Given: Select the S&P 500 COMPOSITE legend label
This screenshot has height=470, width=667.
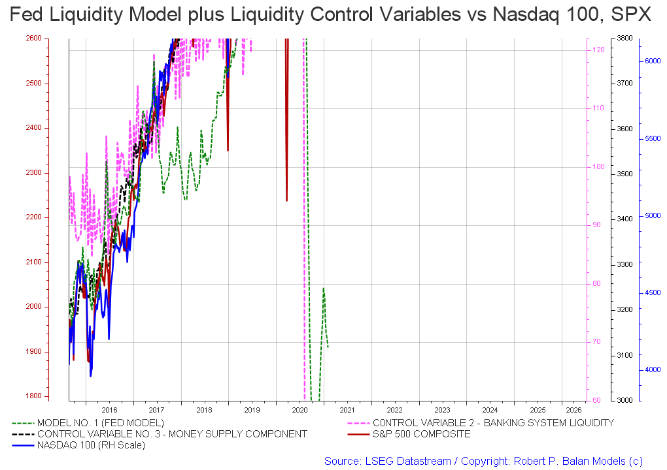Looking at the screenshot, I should point(421,434).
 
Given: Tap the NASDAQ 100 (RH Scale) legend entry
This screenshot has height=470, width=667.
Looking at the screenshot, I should point(91,445).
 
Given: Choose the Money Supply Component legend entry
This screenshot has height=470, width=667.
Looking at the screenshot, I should point(172,434).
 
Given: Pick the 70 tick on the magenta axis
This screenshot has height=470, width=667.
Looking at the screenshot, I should point(596,342).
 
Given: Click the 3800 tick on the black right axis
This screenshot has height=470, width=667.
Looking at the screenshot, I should point(624,39).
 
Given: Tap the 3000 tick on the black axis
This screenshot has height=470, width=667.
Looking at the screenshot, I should point(624,400).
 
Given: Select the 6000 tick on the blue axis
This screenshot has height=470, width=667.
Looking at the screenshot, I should point(652,61).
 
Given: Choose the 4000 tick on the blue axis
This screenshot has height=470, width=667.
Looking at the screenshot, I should point(652,370).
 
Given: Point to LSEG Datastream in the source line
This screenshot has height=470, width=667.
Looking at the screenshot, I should point(406,461).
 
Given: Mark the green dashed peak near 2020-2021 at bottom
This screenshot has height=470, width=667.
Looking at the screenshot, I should point(323,288).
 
